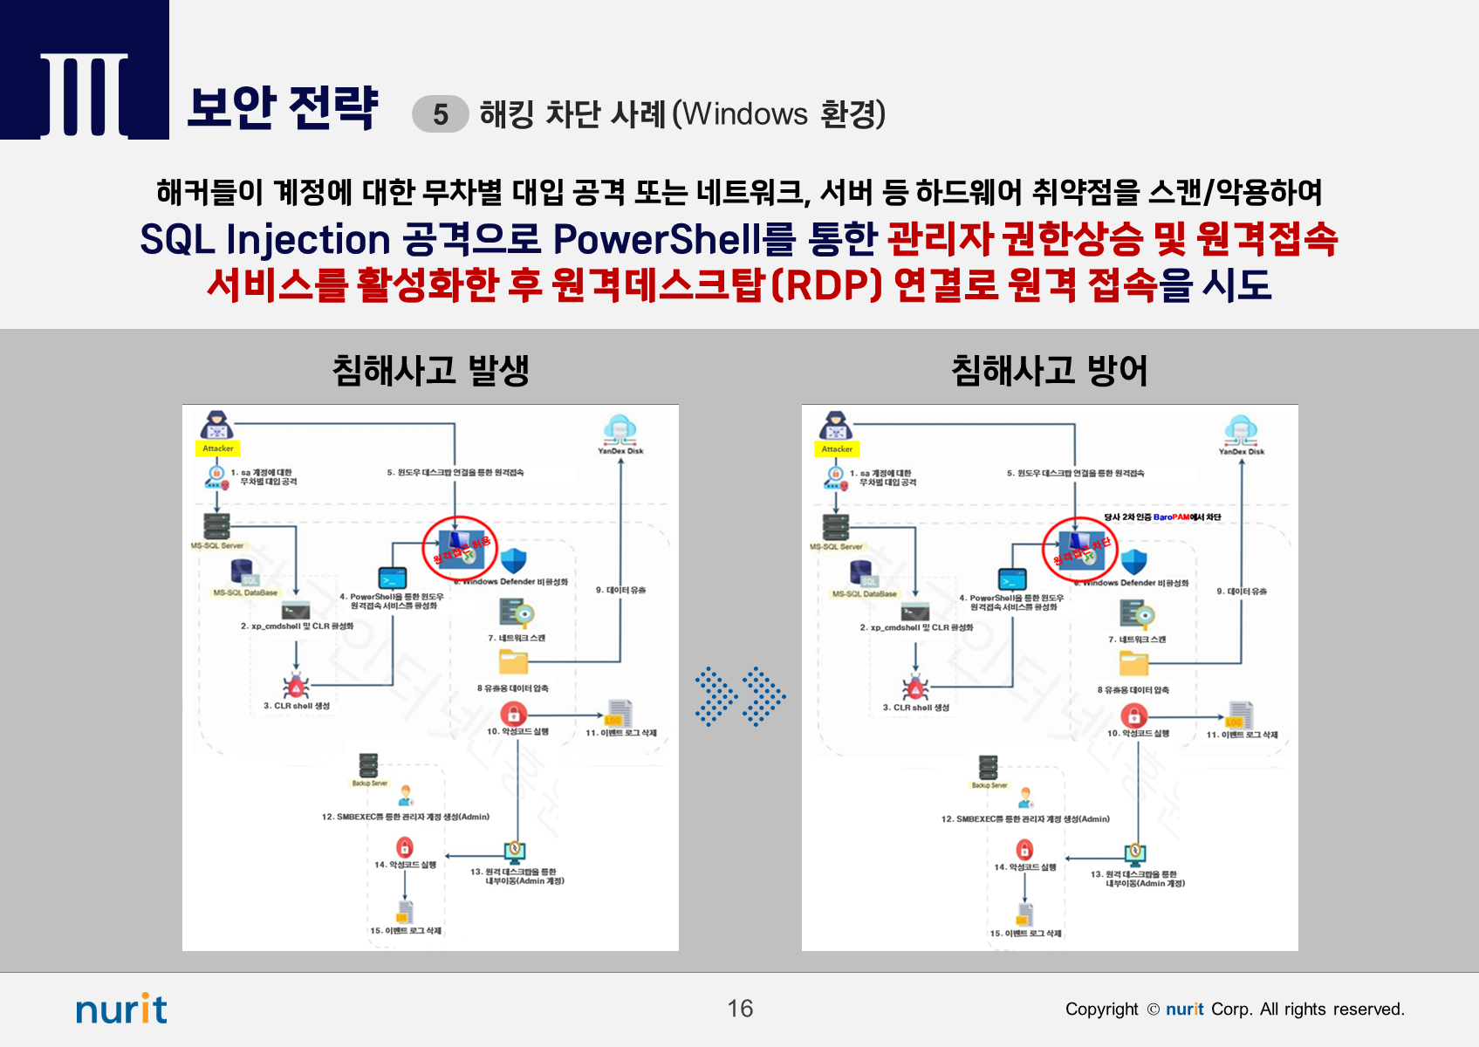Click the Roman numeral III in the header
pos(85,94)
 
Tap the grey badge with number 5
pos(441,114)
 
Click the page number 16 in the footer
pos(740,1009)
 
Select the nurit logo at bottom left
pos(121,1009)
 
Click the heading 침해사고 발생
pos(430,370)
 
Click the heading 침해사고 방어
pos(1049,370)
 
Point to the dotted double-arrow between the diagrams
pos(740,696)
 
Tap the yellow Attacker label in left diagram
pos(217,448)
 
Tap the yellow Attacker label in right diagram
pos(837,449)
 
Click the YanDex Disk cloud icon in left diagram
pos(620,428)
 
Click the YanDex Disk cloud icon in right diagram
pos(1240,429)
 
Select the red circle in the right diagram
pos(1080,550)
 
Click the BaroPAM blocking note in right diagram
pos(1162,517)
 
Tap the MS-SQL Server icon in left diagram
pos(216,526)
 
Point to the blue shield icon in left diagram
pos(514,560)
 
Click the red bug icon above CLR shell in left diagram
pos(296,686)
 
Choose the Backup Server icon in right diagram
pos(988,767)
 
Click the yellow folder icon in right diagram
pos(1133,664)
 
